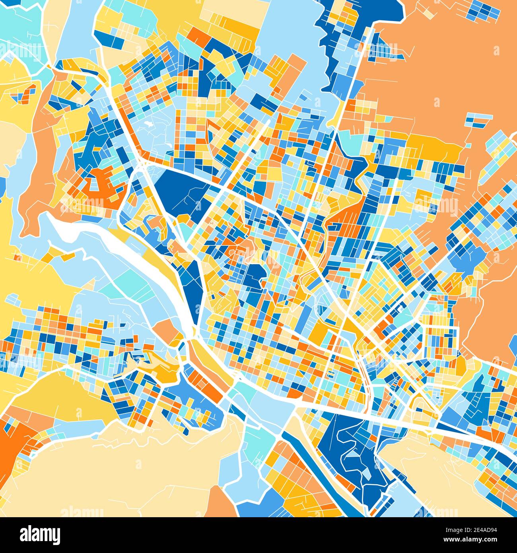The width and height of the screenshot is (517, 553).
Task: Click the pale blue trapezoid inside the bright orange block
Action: point(94,183)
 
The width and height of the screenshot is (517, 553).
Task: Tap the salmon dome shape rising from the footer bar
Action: point(221,505)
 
